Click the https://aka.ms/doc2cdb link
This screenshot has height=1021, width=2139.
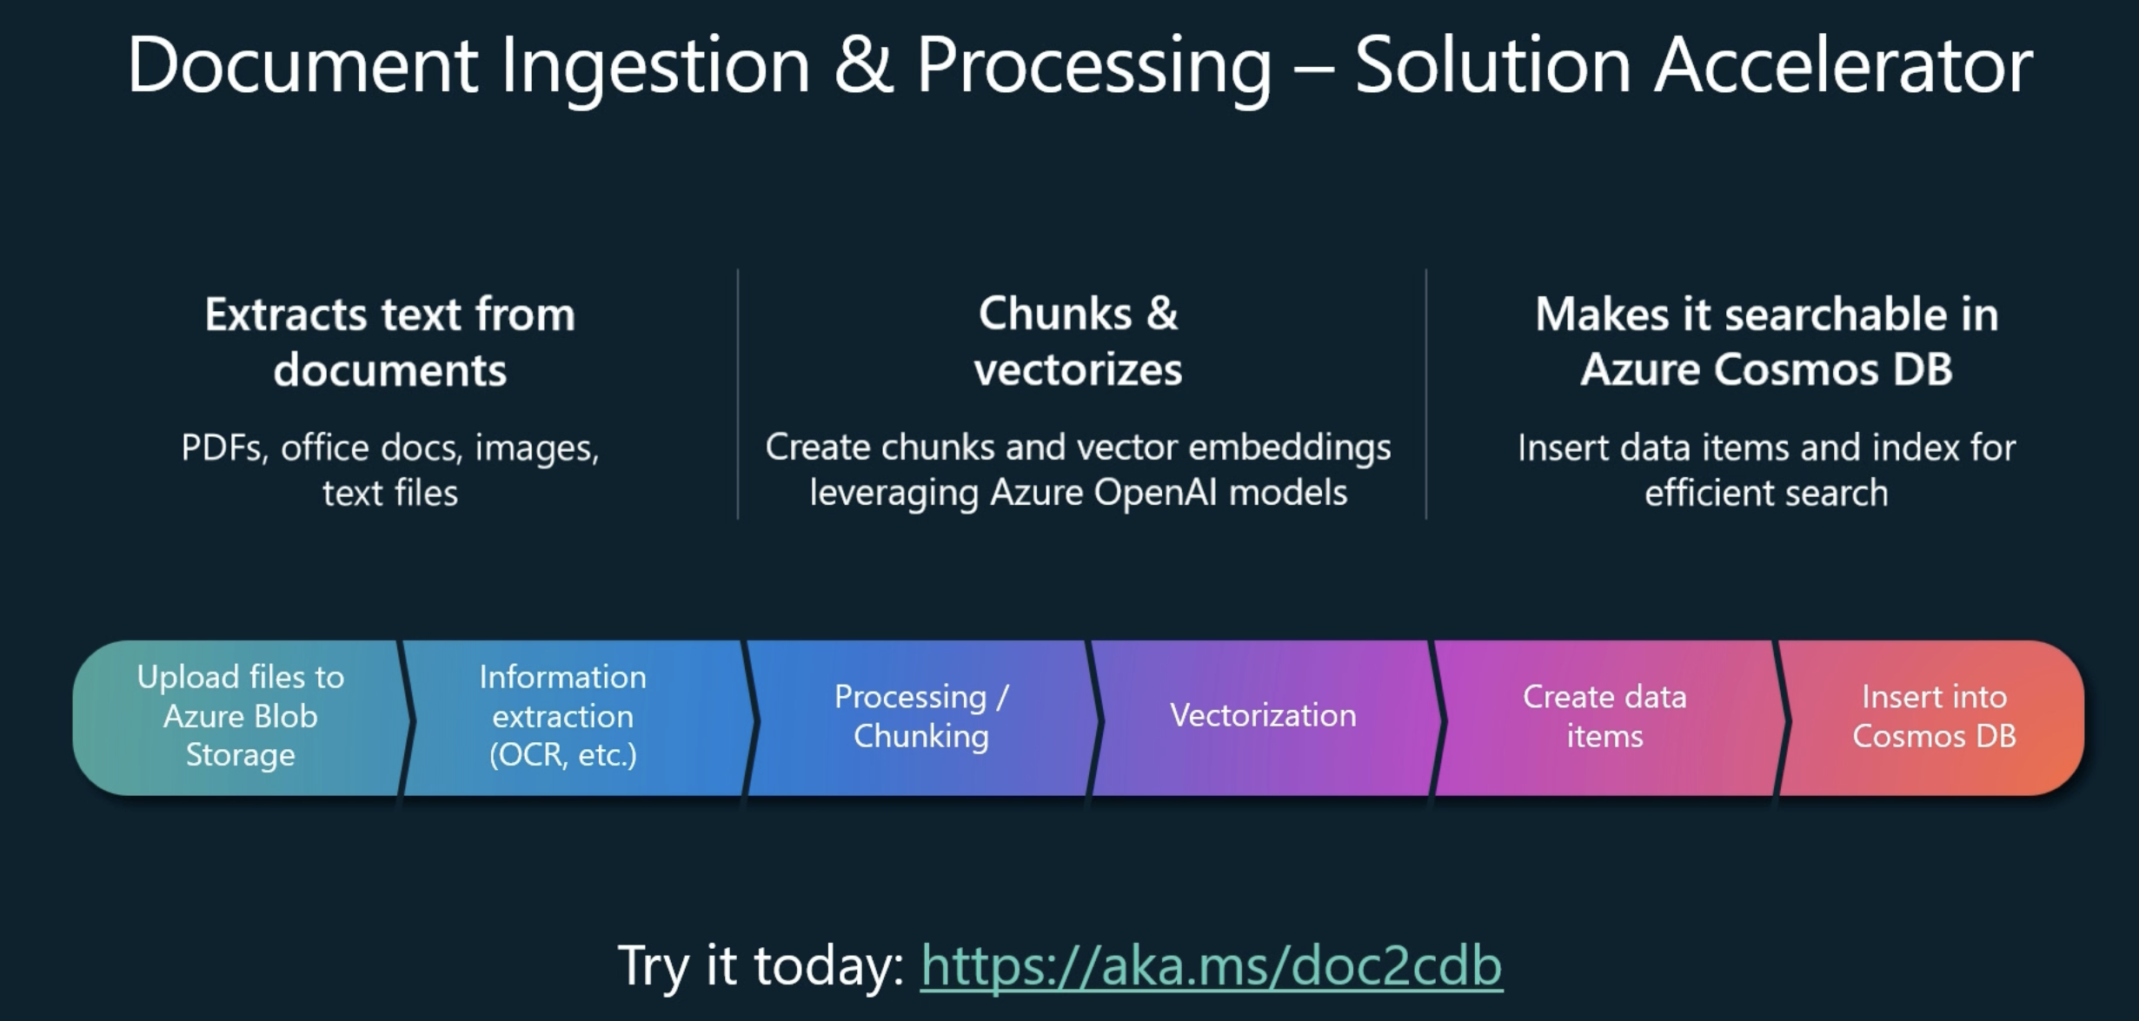pos(1212,966)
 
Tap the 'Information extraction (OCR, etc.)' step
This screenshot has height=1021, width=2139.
pos(574,718)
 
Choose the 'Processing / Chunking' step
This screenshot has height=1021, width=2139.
pos(920,718)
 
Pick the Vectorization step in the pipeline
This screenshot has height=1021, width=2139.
pos(1263,718)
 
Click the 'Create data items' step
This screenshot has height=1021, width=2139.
pos(1604,718)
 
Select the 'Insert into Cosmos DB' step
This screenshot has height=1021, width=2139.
pos(1934,718)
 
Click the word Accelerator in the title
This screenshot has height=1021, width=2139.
pos(1843,66)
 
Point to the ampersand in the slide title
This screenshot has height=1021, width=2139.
pos(864,66)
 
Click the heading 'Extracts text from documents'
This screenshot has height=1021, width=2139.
pos(390,342)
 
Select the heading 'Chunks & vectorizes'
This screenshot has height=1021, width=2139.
pos(1078,341)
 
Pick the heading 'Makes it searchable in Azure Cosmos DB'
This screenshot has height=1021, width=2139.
pos(1767,341)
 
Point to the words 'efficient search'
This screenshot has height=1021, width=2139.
pos(1766,493)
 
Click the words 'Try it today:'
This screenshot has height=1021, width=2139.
pos(761,966)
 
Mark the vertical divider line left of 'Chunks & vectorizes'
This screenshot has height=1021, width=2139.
pos(738,394)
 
